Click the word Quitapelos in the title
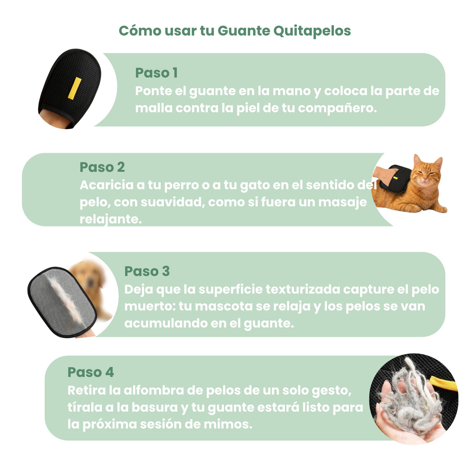tap(312, 31)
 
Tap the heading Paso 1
tap(156, 73)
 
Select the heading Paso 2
tap(102, 167)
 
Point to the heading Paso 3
tap(147, 271)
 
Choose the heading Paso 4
tap(91, 372)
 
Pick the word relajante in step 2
tap(110, 219)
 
